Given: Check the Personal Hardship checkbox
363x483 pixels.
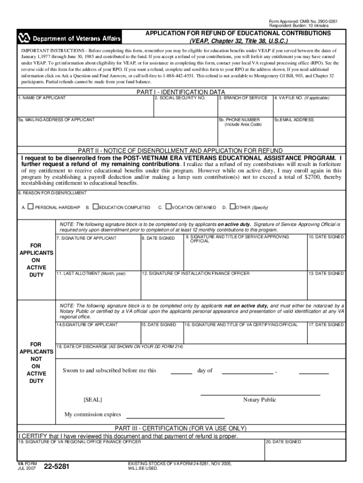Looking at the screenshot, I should tap(30, 207).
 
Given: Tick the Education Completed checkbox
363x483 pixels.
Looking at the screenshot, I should tap(96, 207).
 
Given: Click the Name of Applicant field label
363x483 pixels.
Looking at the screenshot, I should tap(42, 98).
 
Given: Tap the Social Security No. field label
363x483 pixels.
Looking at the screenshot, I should tap(181, 98).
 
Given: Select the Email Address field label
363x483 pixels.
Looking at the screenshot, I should tap(295, 120).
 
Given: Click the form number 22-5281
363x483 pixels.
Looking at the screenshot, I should tap(56, 467).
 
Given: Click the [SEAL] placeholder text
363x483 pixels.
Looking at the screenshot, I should tap(93, 400).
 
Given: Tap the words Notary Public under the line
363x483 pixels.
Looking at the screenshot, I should tap(259, 400).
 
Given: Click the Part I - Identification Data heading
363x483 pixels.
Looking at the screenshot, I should tap(181, 92).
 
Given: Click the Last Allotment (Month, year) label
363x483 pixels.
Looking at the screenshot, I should tap(91, 274).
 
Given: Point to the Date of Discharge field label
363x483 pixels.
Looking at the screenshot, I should tap(120, 347).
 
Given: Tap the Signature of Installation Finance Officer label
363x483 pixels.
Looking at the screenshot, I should tap(196, 274).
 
